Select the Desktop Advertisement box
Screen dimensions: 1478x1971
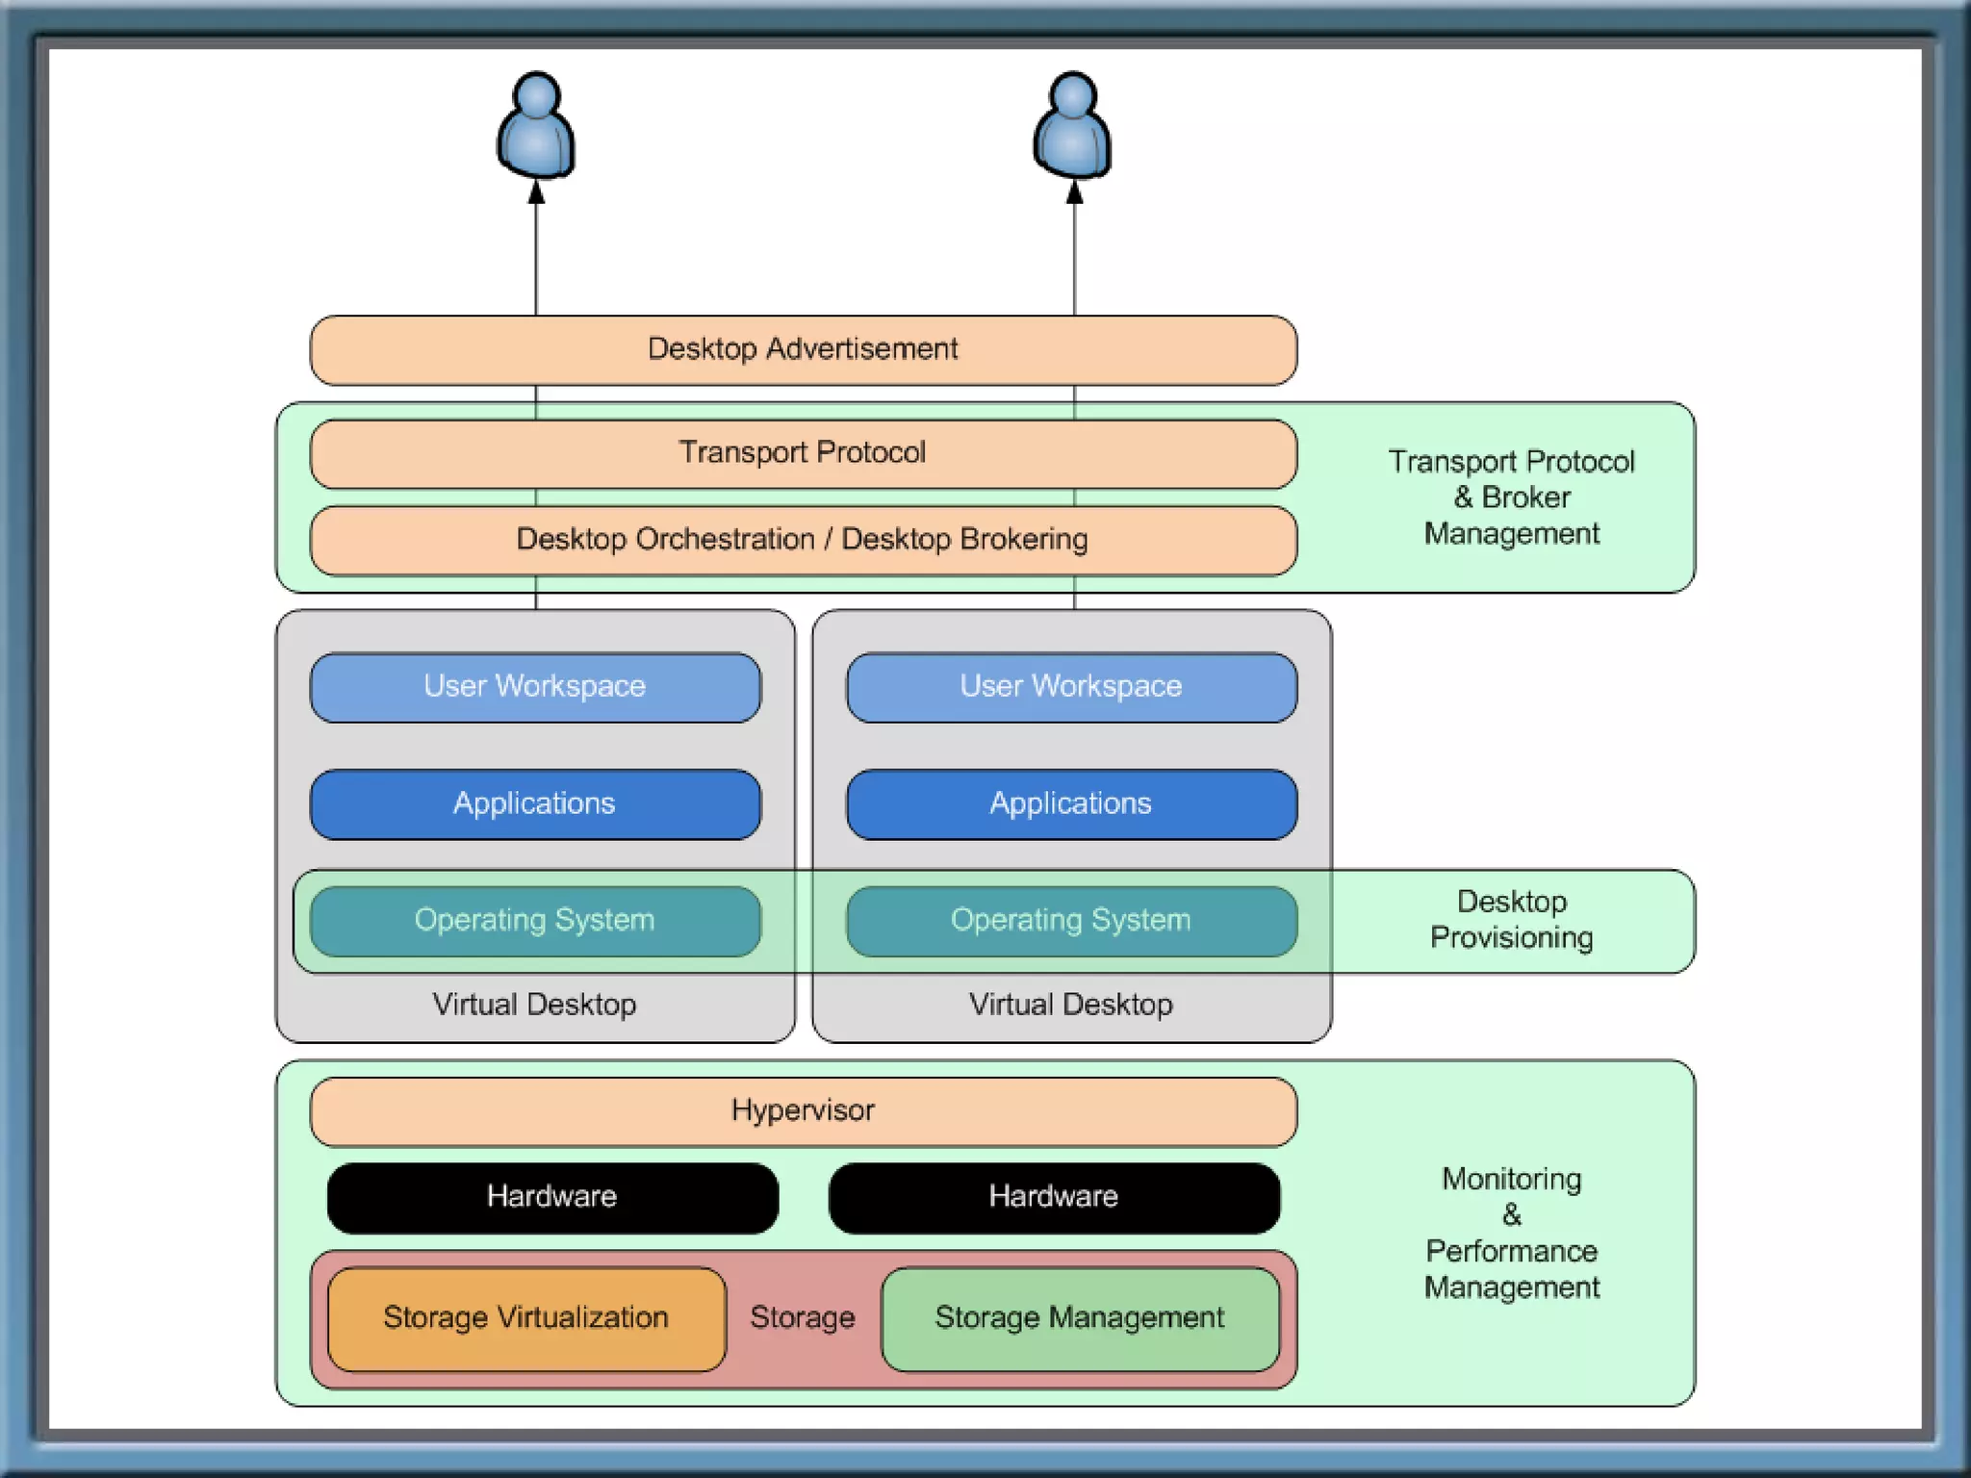click(x=803, y=349)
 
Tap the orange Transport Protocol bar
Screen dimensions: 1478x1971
click(x=803, y=453)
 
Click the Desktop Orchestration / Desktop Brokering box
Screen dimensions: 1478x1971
click(x=803, y=540)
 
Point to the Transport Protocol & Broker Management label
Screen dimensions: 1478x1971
click(x=1511, y=497)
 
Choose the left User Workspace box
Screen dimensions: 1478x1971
click(x=535, y=687)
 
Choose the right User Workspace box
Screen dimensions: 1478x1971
click(x=1071, y=687)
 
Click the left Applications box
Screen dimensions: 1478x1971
click(x=535, y=804)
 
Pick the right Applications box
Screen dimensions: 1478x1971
click(x=1071, y=804)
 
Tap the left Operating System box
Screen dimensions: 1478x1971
click(x=535, y=921)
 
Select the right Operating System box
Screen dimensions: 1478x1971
click(x=1071, y=921)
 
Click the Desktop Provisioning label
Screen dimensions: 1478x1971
click(x=1511, y=920)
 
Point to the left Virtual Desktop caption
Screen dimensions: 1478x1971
click(x=535, y=1005)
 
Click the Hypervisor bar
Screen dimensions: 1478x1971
click(x=803, y=1111)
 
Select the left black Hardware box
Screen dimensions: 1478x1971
click(x=552, y=1197)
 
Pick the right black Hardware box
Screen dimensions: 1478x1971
click(x=1054, y=1197)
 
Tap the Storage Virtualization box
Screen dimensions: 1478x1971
click(x=526, y=1318)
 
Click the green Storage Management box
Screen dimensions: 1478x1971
click(x=1080, y=1318)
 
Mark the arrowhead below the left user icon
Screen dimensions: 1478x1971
click(x=536, y=193)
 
